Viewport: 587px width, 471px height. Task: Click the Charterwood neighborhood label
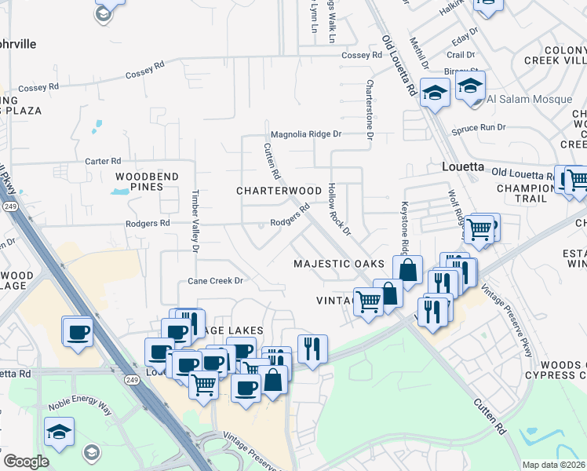pyautogui.click(x=279, y=191)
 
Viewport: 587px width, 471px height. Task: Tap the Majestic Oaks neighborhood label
pyautogui.click(x=339, y=264)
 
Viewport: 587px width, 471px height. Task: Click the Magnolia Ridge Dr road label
pyautogui.click(x=306, y=134)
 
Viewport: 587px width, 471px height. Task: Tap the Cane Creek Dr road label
pyautogui.click(x=216, y=280)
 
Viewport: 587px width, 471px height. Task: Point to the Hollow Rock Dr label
pyautogui.click(x=339, y=209)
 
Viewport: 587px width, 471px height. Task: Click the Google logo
pyautogui.click(x=25, y=461)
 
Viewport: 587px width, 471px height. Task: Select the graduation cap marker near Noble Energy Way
pyautogui.click(x=59, y=433)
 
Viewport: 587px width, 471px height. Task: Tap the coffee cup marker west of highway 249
pyautogui.click(x=78, y=332)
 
